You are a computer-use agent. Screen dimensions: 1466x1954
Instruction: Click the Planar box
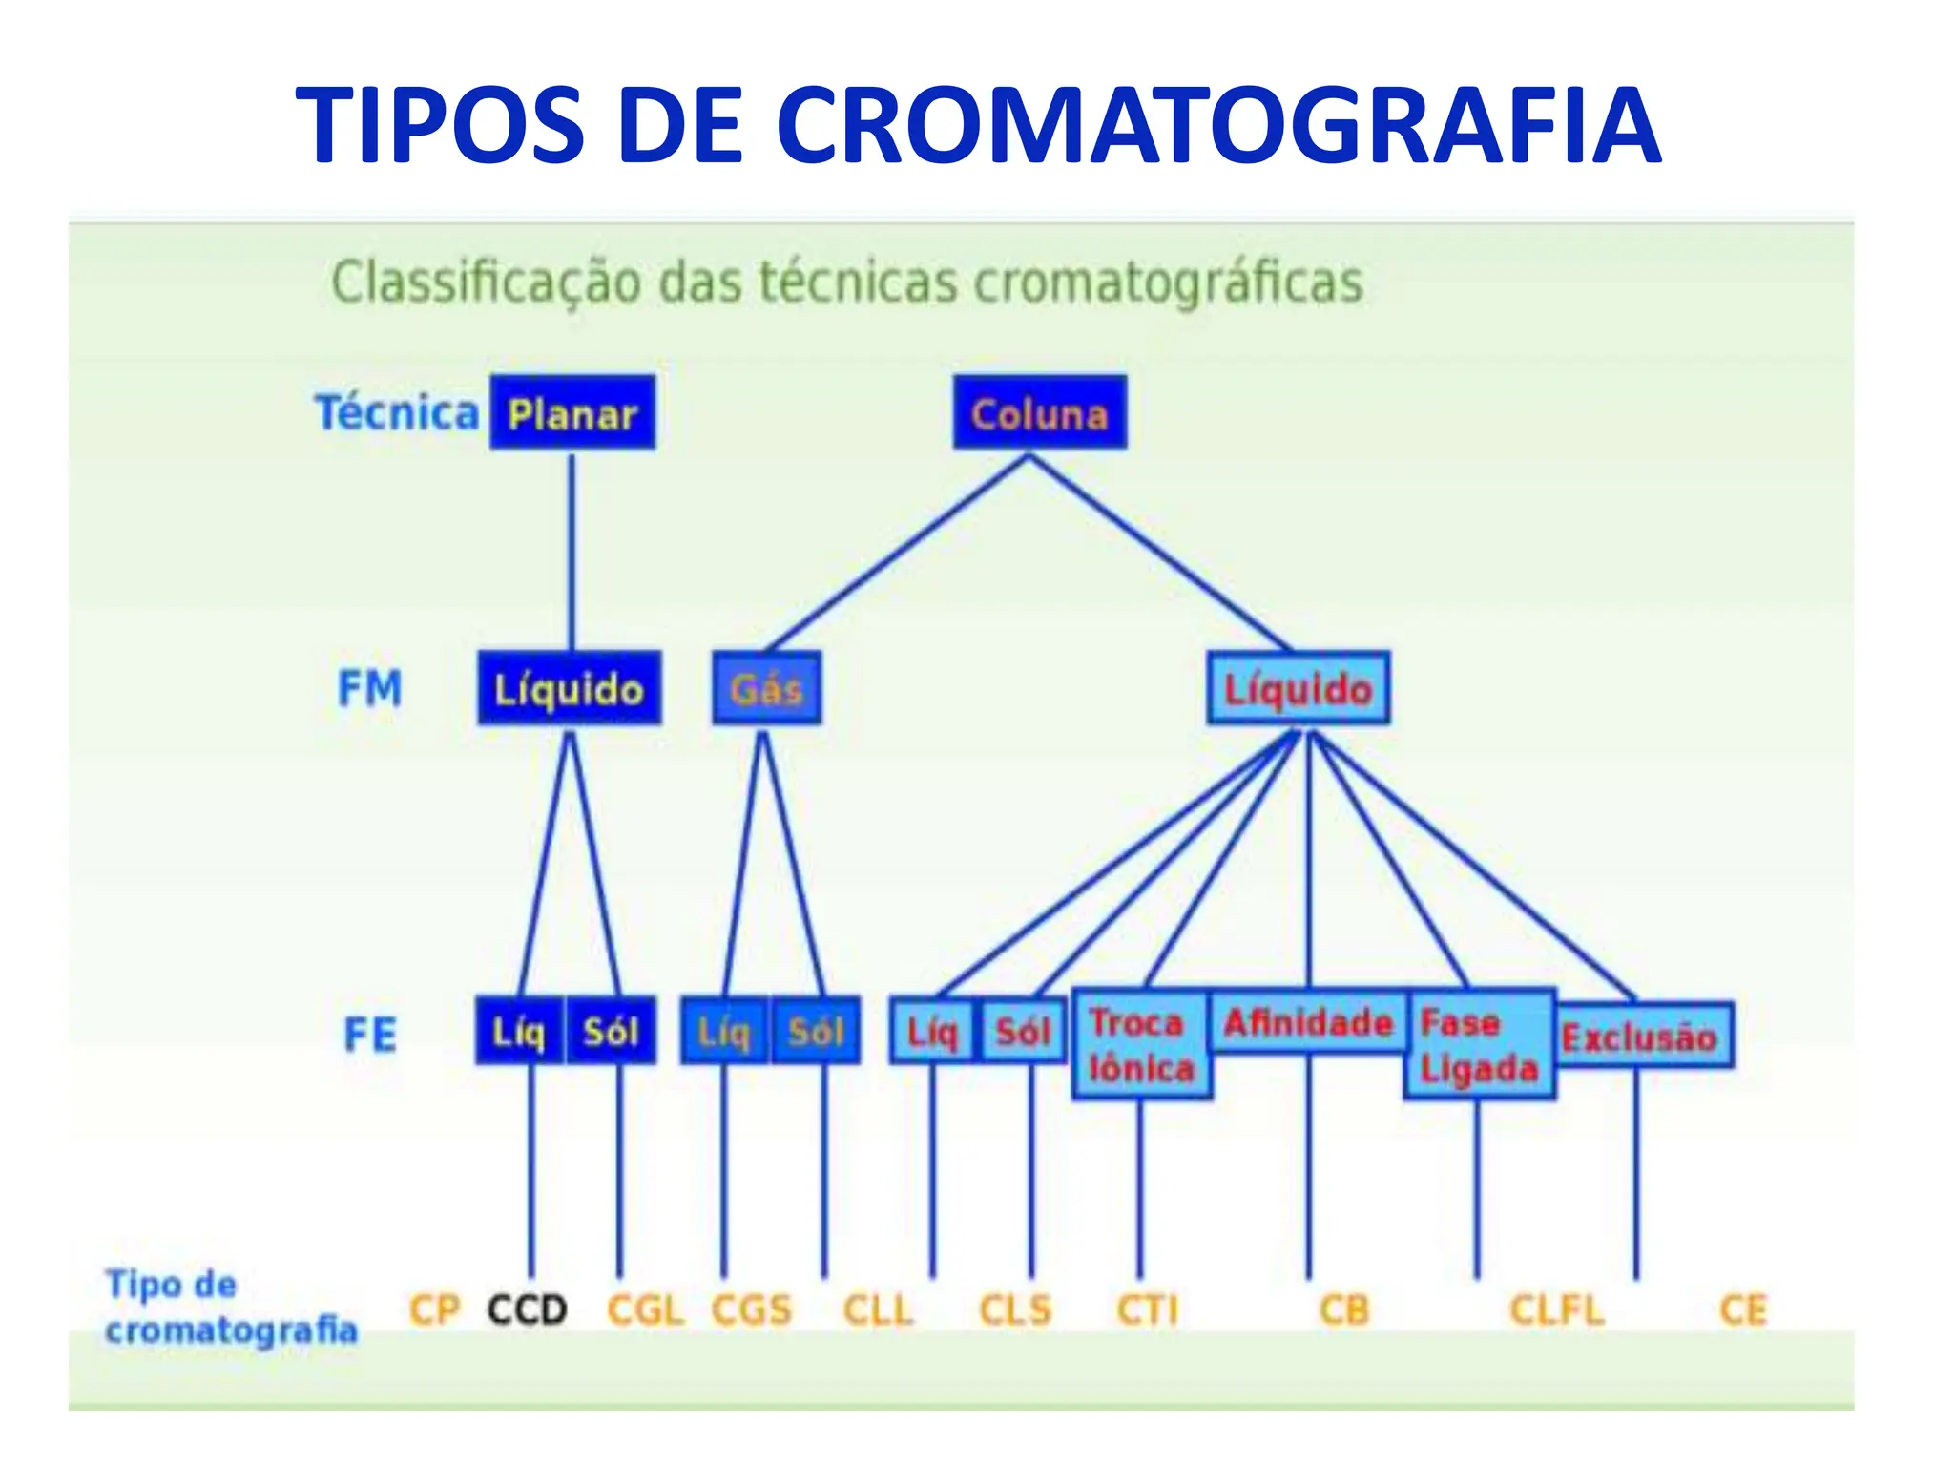tap(572, 412)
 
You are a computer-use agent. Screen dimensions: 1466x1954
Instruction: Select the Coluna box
tap(1039, 412)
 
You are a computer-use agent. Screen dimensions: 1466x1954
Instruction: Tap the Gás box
tap(766, 688)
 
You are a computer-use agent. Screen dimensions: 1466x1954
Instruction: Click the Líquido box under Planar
tap(569, 688)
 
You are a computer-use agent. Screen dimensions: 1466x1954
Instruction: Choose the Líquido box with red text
tap(1298, 688)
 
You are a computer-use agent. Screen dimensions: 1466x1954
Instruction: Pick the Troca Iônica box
tap(1141, 1044)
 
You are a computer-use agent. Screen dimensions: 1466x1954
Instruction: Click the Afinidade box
tap(1308, 1022)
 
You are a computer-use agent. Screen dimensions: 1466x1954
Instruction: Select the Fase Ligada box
tap(1479, 1044)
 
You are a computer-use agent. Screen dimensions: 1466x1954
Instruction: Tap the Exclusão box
tap(1638, 1036)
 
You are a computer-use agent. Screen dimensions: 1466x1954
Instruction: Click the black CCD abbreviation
tap(528, 1309)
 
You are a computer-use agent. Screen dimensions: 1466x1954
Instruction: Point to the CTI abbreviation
tap(1148, 1309)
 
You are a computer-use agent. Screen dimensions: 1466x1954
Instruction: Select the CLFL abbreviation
tap(1556, 1309)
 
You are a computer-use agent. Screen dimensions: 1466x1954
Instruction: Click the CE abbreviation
tap(1743, 1309)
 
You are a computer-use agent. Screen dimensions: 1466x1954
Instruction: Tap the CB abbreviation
tap(1343, 1309)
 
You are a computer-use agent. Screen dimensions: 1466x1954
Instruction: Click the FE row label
tap(370, 1035)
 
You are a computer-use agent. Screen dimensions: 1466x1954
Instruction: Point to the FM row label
tap(370, 688)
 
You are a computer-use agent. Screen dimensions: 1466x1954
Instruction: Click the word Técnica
tap(397, 412)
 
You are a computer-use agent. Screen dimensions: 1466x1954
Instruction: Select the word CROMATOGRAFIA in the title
tap(1218, 125)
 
